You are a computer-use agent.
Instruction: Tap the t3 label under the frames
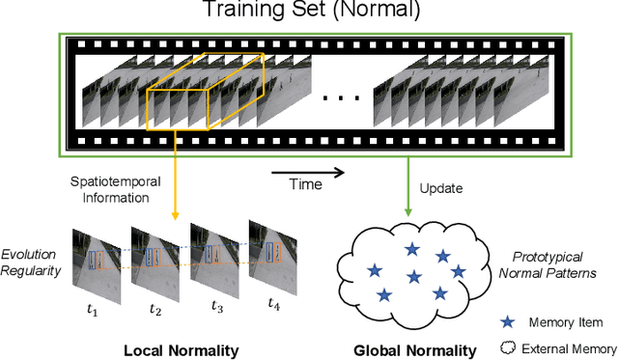[218, 306]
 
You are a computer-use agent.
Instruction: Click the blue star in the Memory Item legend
[508, 322]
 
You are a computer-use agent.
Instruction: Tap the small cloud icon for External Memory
[508, 347]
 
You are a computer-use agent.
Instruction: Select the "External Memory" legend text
[571, 347]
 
